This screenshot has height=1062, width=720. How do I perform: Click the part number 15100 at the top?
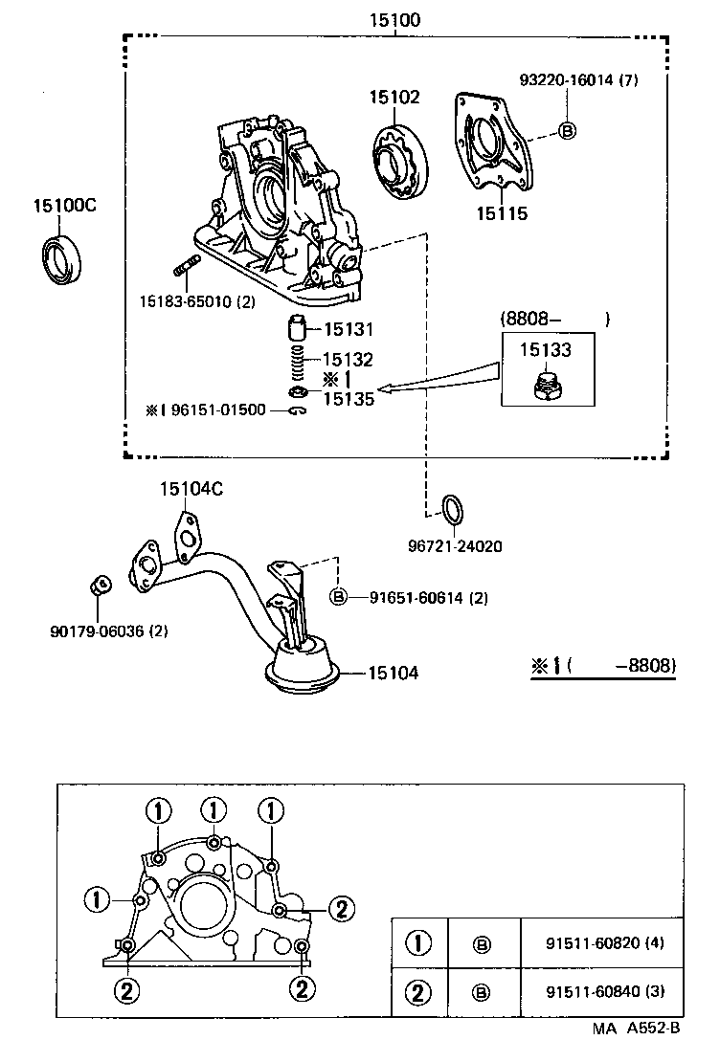point(396,19)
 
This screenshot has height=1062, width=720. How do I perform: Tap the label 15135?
point(349,399)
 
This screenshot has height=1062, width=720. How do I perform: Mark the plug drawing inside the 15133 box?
point(548,387)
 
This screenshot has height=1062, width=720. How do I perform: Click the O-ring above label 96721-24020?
point(453,510)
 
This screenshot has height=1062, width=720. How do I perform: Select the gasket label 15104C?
point(191,489)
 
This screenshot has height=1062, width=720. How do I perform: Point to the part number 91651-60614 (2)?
point(429,598)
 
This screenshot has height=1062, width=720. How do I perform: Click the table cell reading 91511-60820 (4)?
point(600,942)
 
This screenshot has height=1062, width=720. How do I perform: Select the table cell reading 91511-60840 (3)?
point(600,990)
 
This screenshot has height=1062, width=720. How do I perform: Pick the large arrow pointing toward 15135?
point(440,380)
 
